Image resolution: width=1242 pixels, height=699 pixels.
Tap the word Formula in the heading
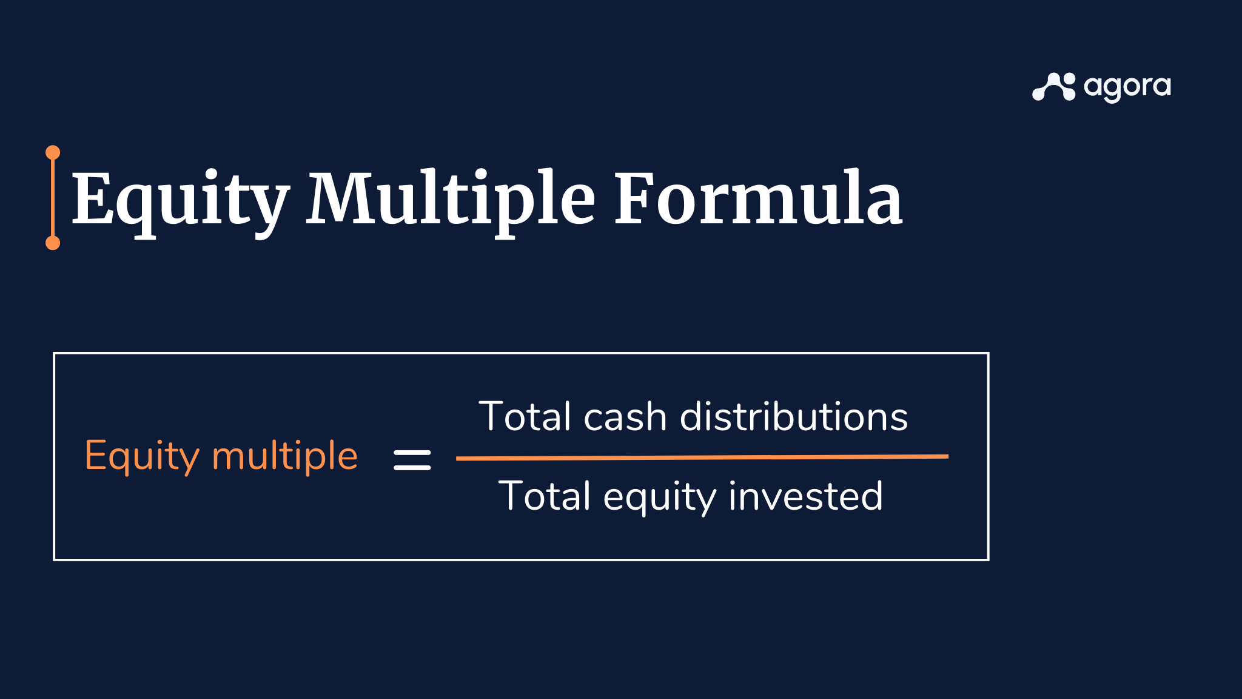758,199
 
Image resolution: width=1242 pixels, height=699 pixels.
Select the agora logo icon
1054,87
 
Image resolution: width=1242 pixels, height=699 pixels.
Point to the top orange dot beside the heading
53,152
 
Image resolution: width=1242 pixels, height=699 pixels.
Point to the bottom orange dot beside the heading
53,243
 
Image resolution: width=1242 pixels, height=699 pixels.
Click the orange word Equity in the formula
142,456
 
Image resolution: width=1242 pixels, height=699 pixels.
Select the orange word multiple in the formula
284,456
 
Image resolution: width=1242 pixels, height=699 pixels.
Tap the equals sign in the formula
412,460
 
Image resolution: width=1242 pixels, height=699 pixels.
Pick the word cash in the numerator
625,417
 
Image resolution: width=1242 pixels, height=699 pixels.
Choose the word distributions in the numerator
794,417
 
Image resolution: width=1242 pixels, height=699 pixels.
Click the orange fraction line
702,458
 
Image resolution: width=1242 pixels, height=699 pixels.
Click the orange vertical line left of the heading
53,197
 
